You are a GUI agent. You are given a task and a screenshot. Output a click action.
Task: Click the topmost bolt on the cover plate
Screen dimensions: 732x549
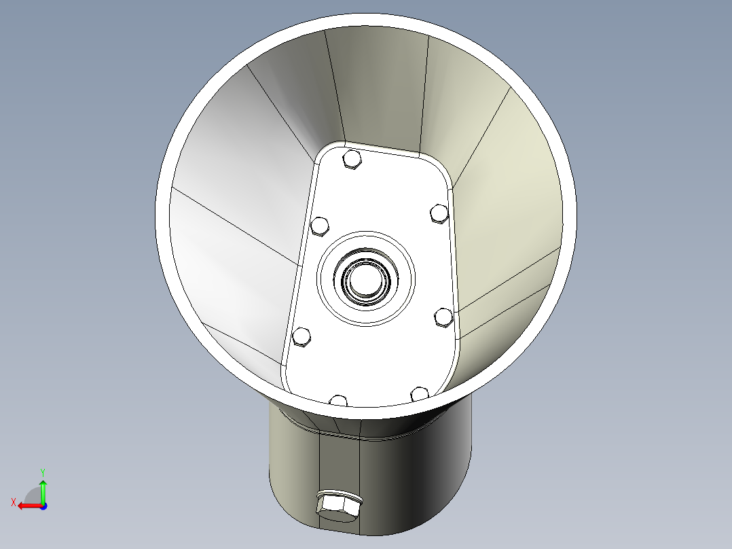(352, 159)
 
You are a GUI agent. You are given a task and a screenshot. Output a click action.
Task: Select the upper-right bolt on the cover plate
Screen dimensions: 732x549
(439, 213)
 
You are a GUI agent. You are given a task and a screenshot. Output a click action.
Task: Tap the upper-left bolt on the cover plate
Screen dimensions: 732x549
(320, 226)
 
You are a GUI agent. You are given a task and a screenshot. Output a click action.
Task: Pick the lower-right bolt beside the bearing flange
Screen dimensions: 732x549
(443, 317)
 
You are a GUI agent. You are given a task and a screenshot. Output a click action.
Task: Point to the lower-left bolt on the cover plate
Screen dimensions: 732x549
(301, 337)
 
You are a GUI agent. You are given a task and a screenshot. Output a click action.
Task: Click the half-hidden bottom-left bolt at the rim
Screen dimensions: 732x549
(338, 400)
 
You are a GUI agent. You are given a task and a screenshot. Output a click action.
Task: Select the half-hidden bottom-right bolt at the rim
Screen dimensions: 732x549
(420, 394)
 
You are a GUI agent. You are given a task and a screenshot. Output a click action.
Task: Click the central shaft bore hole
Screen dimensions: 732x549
(366, 279)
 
